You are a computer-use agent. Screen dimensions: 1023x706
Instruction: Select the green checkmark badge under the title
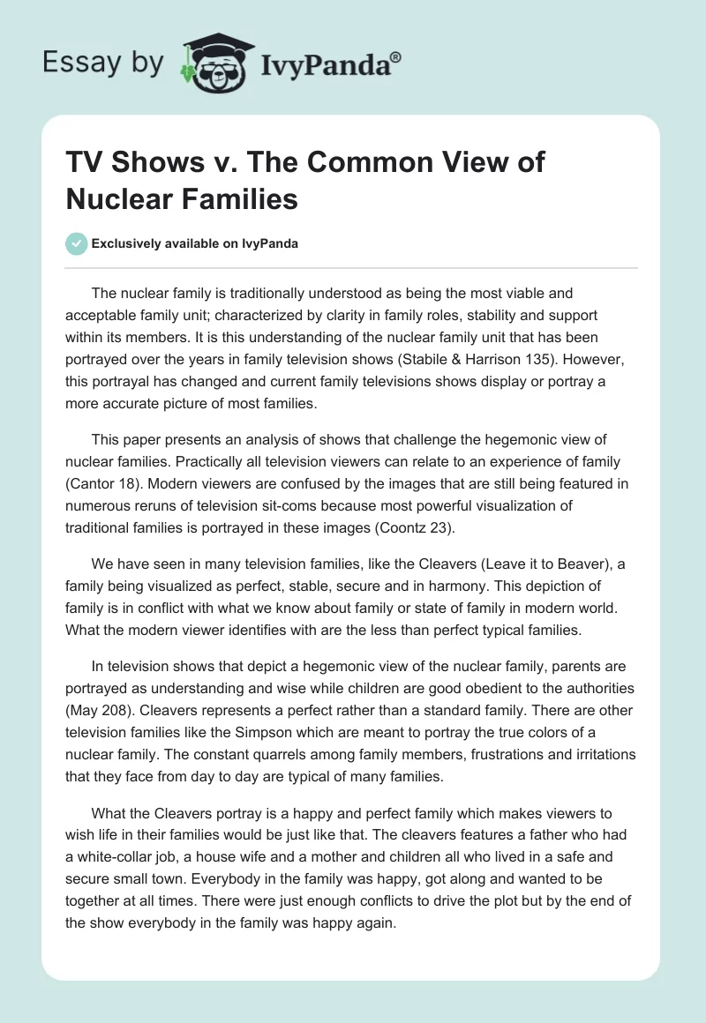coord(77,243)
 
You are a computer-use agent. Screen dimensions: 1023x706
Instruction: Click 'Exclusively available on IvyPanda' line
coord(195,243)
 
